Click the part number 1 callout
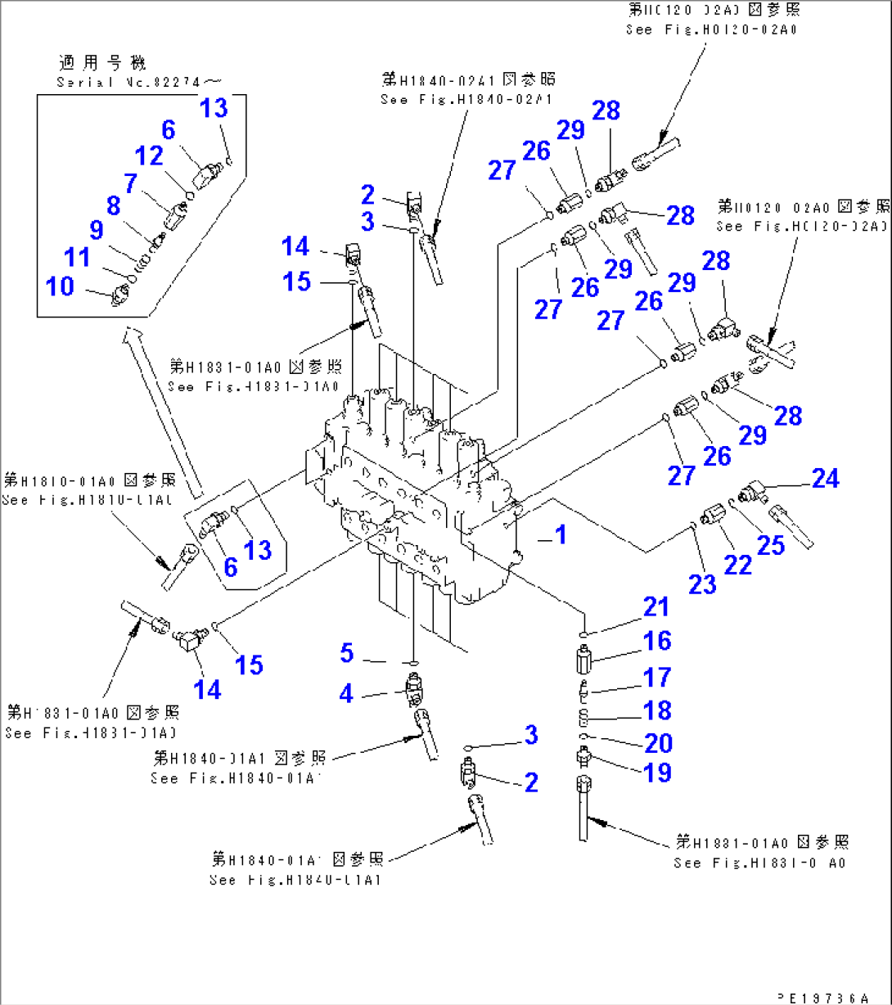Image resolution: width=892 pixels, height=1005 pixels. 560,535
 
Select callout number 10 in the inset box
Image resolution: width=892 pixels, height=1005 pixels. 60,286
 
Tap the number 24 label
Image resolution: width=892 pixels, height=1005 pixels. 825,478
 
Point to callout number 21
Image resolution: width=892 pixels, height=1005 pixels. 655,607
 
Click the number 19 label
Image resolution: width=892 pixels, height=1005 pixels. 658,772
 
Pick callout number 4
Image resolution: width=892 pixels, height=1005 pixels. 347,694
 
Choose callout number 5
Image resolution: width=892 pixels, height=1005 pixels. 347,653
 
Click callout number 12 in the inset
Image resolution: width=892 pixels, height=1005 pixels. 149,155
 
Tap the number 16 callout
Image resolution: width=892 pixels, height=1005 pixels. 657,641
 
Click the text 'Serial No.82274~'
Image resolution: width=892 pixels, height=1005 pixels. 139,82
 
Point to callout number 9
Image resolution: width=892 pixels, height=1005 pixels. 97,230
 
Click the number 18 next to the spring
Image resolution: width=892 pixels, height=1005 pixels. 657,710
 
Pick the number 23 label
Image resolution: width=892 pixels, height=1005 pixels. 702,584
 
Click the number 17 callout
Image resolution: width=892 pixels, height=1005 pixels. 657,677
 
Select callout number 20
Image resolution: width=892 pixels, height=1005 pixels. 658,743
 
